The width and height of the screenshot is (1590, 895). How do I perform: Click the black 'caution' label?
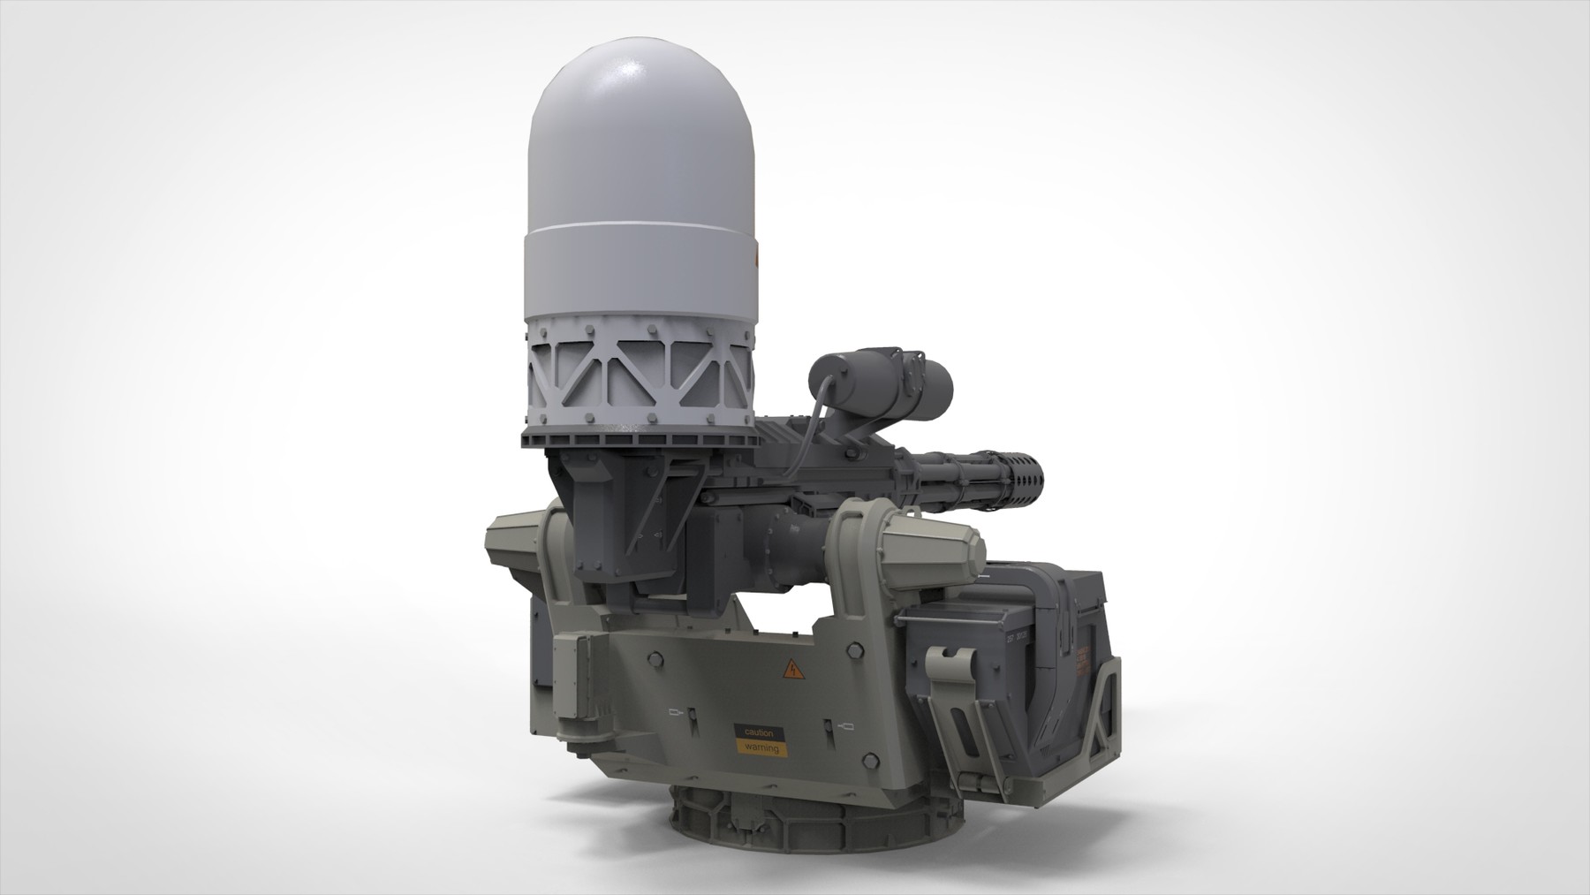click(758, 733)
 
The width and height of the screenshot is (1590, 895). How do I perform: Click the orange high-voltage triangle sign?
click(793, 670)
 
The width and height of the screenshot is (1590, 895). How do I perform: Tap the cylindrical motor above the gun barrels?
click(883, 382)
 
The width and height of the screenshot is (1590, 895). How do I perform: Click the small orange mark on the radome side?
click(756, 257)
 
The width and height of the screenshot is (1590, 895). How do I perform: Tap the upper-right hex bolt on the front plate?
click(854, 651)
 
